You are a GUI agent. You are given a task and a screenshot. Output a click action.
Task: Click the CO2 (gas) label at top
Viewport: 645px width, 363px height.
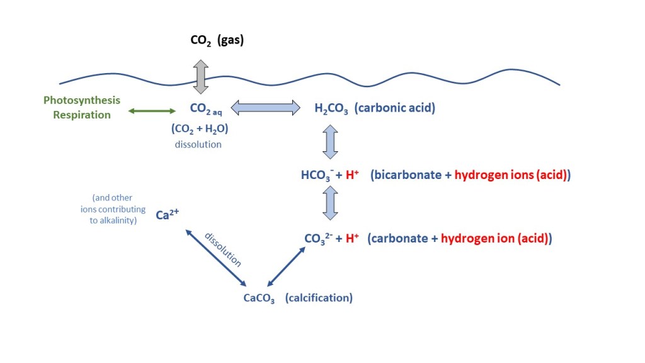217,41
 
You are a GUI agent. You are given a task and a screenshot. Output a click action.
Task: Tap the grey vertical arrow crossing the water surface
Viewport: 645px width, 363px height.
200,78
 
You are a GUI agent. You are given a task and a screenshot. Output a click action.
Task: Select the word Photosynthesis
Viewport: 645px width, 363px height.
82,101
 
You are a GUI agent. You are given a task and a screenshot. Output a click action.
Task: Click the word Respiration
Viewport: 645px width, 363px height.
82,115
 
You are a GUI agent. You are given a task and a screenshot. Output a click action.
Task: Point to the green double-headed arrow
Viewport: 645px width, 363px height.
152,112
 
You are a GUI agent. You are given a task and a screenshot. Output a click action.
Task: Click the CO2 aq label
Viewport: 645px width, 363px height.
205,109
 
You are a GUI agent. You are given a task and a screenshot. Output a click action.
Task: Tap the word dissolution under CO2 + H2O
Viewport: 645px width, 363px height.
199,144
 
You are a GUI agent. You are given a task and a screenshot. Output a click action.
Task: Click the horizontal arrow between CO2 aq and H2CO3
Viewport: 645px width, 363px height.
265,108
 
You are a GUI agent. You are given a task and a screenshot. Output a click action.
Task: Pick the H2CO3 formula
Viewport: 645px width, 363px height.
331,108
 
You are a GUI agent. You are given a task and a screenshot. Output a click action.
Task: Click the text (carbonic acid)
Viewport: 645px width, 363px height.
395,108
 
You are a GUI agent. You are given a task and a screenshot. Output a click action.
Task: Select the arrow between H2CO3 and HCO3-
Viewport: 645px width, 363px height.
331,142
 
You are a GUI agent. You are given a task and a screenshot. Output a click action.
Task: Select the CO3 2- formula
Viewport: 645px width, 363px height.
319,239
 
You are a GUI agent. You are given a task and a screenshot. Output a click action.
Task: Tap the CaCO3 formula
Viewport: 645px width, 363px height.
259,298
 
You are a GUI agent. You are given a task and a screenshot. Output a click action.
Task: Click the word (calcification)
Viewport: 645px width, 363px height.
319,297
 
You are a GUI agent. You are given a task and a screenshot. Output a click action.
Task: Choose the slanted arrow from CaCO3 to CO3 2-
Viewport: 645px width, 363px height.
287,265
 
